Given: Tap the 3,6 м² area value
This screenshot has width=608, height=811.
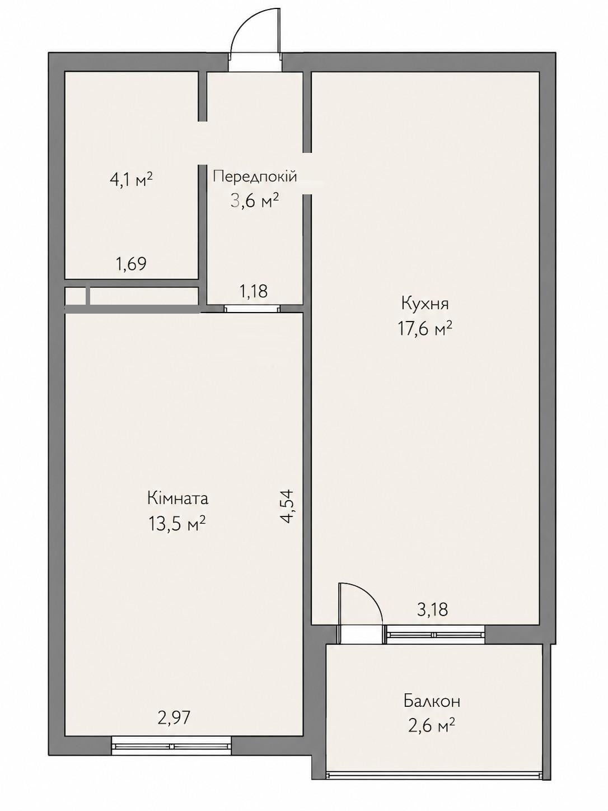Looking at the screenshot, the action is pos(254,202).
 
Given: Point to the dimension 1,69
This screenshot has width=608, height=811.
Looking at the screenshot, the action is pos(131,264).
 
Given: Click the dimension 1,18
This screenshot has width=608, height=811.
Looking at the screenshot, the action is pos(254,291).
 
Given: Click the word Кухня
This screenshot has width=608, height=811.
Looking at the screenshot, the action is pos(425,305).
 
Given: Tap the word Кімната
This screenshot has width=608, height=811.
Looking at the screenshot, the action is pos(178,499).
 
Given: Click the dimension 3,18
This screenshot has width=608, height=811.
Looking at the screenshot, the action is pos(432,609).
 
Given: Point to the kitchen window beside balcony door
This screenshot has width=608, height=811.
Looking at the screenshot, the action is pos(435,635).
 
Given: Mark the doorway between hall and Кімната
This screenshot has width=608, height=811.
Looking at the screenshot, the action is pos(252,309).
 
